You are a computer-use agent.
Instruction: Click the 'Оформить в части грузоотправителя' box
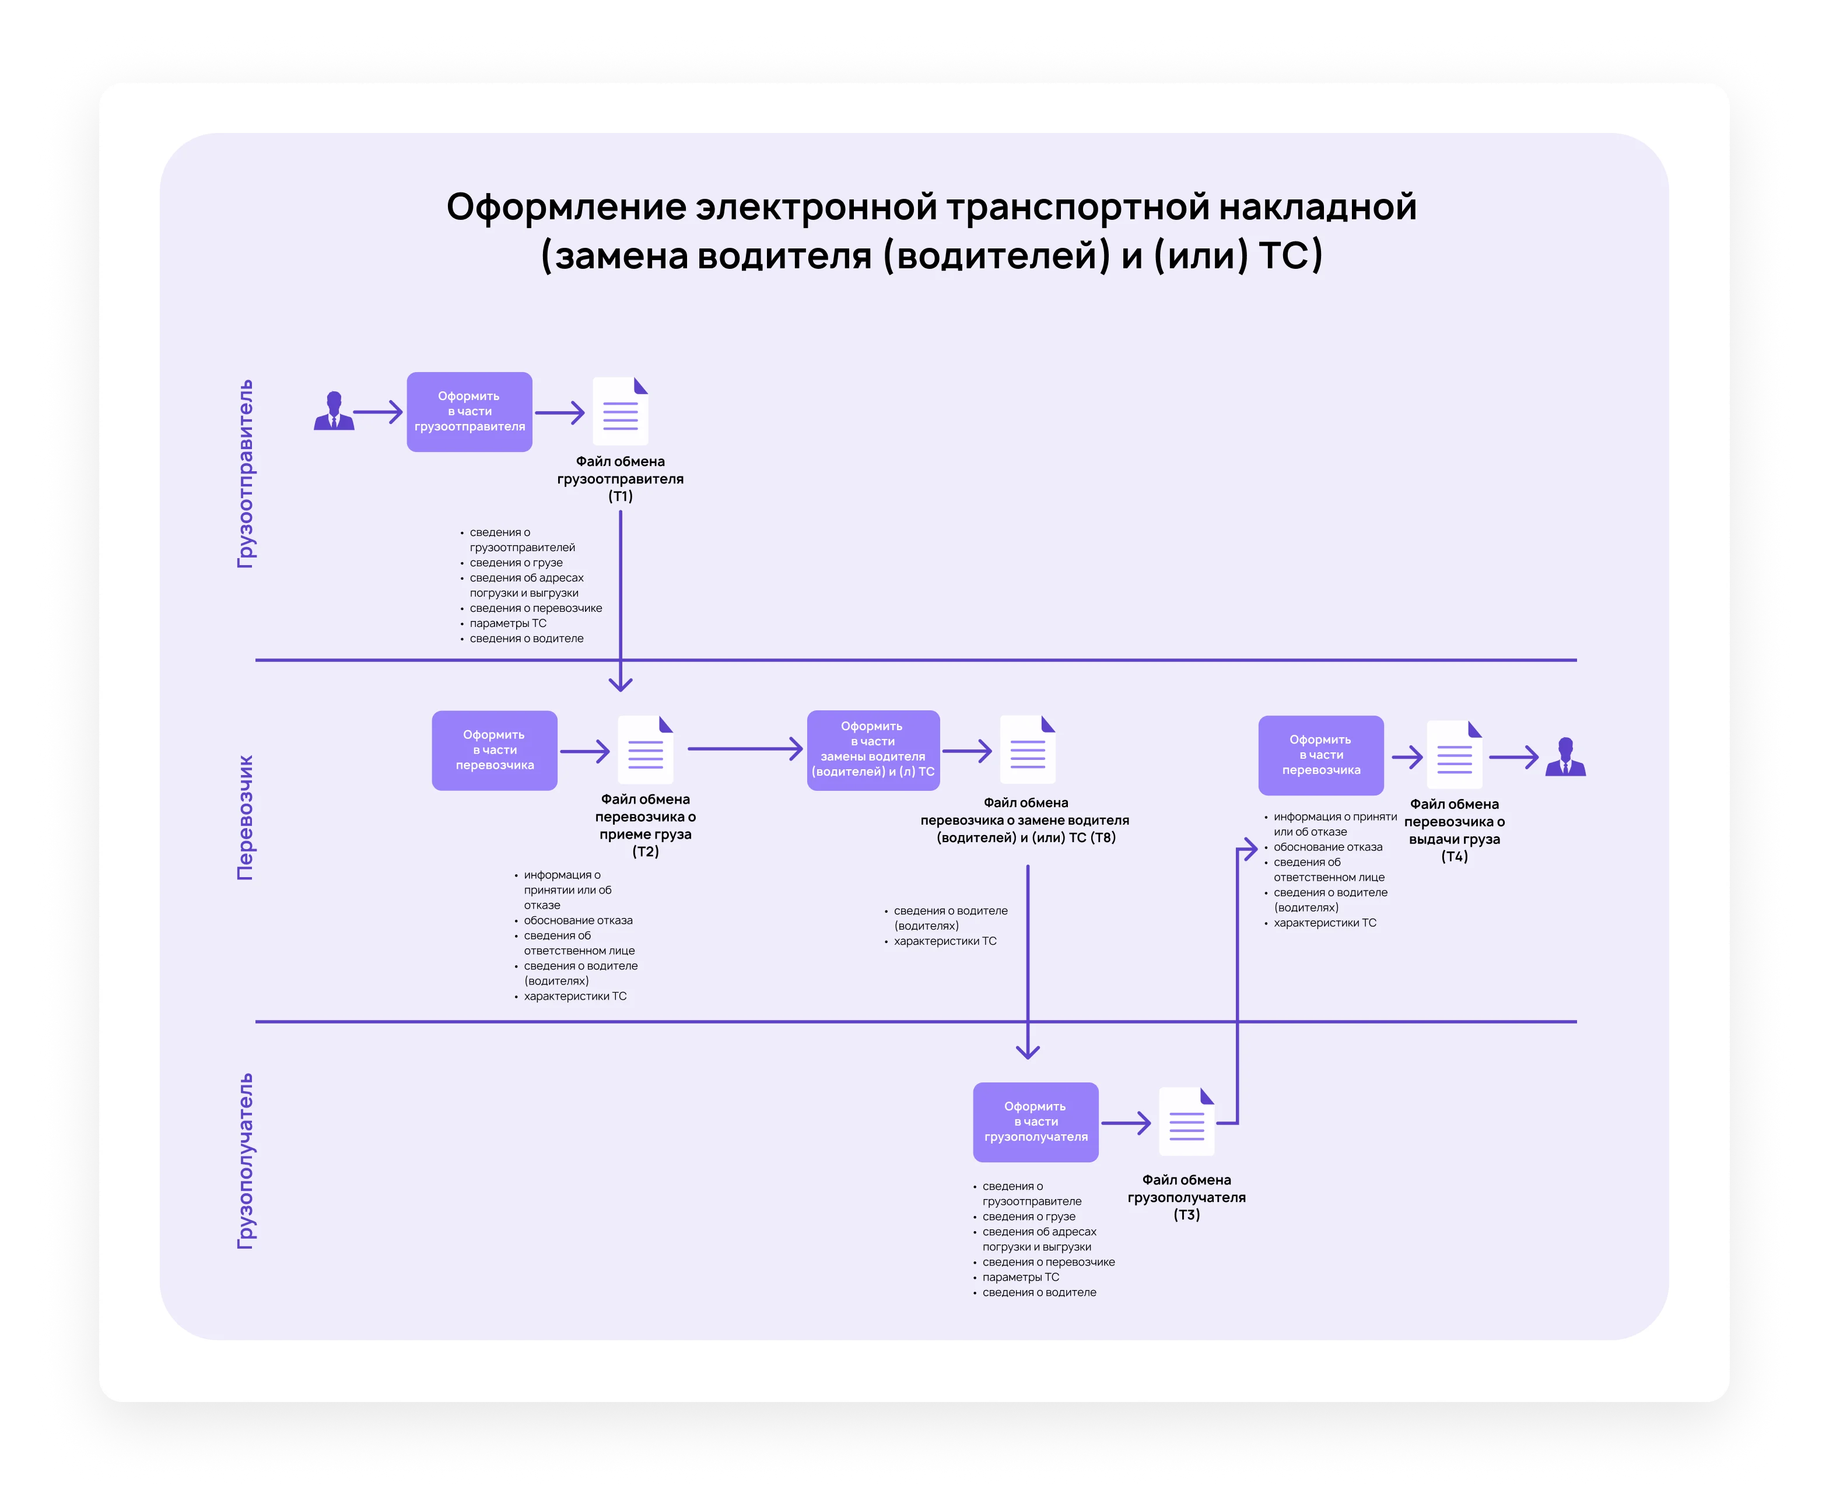[469, 412]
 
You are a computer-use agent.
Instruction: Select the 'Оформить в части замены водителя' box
[873, 749]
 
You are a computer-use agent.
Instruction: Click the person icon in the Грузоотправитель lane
[334, 412]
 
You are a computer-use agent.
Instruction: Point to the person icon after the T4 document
[1565, 757]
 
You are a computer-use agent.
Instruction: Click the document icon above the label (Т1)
[620, 412]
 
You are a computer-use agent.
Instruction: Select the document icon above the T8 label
[1027, 749]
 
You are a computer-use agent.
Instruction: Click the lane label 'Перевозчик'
[246, 817]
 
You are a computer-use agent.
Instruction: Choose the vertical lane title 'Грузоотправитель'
[246, 474]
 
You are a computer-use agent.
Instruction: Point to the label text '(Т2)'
[645, 851]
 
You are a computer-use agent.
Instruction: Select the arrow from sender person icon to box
[379, 412]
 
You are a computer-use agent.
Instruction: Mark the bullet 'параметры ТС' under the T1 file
[508, 623]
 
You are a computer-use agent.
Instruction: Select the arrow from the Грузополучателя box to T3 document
[1126, 1123]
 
